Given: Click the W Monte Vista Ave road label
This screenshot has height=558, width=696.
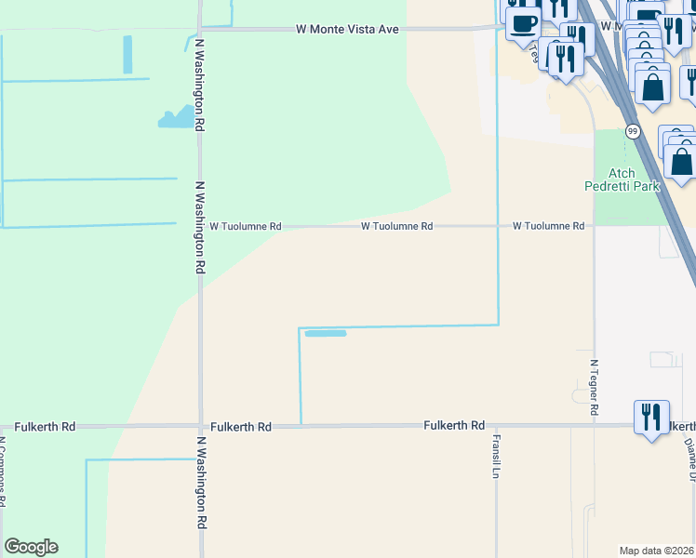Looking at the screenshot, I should click(347, 29).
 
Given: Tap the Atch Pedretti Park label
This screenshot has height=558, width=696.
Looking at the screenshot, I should click(634, 179).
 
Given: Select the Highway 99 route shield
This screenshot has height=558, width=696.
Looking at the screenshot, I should click(632, 131).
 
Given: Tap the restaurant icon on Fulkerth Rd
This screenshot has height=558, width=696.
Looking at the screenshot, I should click(651, 416).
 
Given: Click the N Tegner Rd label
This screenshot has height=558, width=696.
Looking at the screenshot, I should click(594, 382).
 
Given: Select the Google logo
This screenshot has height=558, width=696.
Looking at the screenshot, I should click(31, 547).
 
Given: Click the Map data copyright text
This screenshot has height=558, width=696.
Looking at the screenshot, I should click(657, 550).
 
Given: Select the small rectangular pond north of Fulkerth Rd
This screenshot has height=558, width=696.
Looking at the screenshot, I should click(326, 333).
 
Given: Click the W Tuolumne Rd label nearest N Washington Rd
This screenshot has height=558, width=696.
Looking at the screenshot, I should click(245, 226).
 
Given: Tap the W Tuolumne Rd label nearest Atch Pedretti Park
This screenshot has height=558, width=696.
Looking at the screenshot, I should click(548, 226).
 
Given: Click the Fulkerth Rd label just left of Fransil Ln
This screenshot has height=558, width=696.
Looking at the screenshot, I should click(454, 425).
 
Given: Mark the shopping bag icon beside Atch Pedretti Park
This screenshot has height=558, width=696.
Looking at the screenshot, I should click(682, 161).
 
